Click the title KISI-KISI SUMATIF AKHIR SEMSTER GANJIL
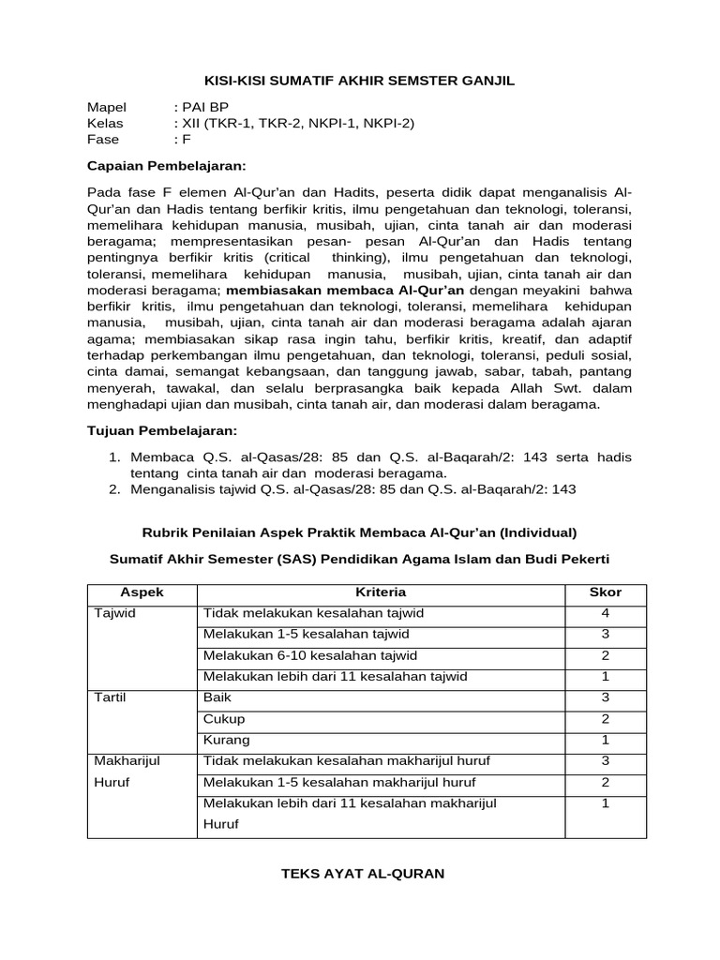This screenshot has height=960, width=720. click(x=359, y=82)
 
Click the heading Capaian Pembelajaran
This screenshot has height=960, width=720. click(x=165, y=166)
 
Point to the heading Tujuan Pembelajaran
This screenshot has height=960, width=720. click(x=162, y=430)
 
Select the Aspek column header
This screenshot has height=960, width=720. click(x=142, y=592)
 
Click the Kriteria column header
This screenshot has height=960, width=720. click(x=380, y=592)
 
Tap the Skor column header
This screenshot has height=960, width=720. click(x=605, y=592)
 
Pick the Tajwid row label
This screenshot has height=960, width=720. click(x=115, y=613)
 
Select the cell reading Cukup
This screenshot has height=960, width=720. click(x=224, y=719)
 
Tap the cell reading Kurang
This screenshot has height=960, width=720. click(x=227, y=740)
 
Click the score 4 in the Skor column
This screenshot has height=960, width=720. click(x=605, y=613)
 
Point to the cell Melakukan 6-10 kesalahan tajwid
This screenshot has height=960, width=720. click(x=310, y=655)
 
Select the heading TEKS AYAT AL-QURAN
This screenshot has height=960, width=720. click(x=363, y=873)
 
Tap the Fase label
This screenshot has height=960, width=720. click(x=103, y=140)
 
